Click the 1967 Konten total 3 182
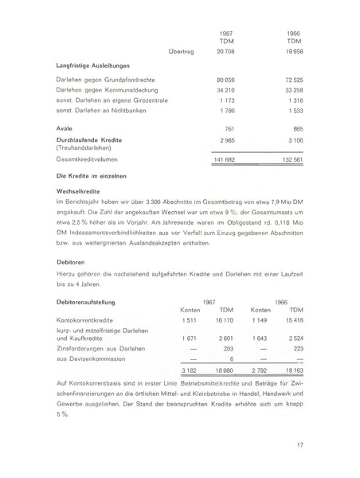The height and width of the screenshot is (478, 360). pyautogui.click(x=190, y=370)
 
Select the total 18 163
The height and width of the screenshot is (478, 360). pyautogui.click(x=292, y=370)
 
